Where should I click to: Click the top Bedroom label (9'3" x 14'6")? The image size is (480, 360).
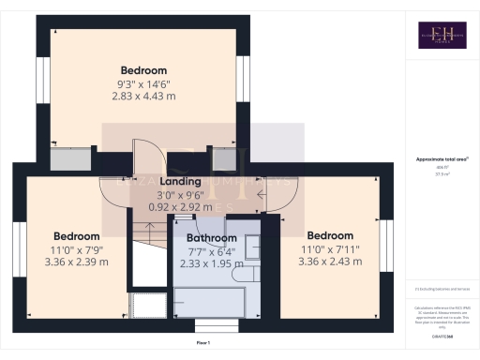tap(143, 70)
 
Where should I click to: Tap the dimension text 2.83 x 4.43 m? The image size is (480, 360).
tap(143, 96)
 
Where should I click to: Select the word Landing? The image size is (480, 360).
tap(180, 182)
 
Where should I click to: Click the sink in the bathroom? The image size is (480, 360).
tap(254, 247)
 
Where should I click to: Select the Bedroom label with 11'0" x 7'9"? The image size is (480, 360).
tap(76, 235)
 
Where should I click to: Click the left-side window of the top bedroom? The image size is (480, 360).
tap(40, 81)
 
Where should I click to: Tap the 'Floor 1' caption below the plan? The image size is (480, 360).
tap(203, 344)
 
